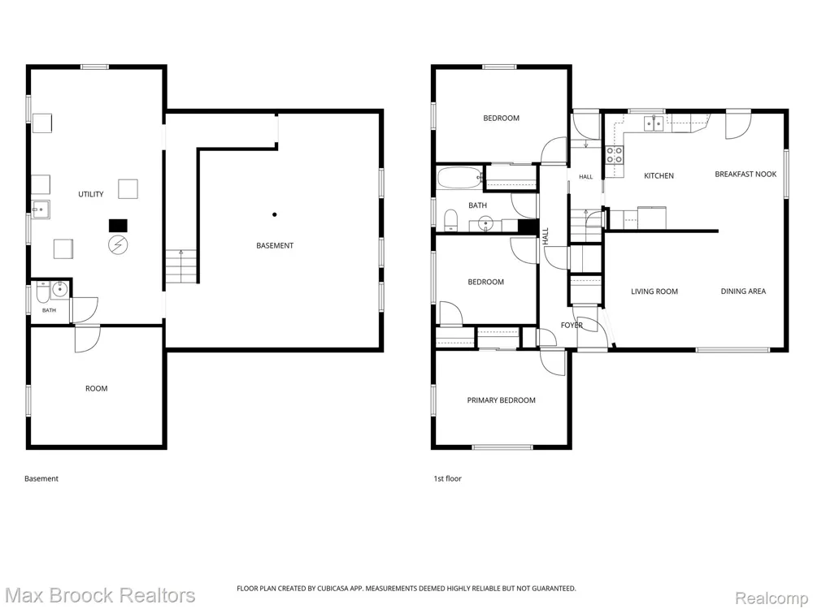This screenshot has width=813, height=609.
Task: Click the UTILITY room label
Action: tap(91, 194)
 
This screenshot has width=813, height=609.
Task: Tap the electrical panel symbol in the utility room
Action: tap(118, 244)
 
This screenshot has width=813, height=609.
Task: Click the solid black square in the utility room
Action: tap(118, 225)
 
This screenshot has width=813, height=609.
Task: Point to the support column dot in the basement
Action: tap(274, 214)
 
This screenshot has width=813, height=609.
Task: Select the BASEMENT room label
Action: tap(275, 245)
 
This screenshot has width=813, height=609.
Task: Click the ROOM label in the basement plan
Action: tap(97, 388)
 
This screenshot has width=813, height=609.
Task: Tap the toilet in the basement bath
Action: tap(43, 292)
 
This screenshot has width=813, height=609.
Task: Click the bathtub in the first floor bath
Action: tap(460, 178)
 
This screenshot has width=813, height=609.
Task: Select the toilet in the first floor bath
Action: tap(451, 219)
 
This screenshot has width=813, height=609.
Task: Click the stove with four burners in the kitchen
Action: tap(615, 155)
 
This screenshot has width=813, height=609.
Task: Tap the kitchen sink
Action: tap(654, 123)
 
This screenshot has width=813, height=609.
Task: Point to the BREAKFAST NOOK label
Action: tap(746, 174)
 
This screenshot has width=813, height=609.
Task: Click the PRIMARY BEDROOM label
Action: tap(502, 400)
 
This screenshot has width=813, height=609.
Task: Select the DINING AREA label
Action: tap(743, 291)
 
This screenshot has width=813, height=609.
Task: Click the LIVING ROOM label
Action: tap(654, 292)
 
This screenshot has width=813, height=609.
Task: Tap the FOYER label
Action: tap(572, 326)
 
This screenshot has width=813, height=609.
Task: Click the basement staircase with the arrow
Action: tap(181, 266)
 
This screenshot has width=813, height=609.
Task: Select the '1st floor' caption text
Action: tap(447, 478)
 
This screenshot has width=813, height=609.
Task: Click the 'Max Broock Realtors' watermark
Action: tap(100, 595)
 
